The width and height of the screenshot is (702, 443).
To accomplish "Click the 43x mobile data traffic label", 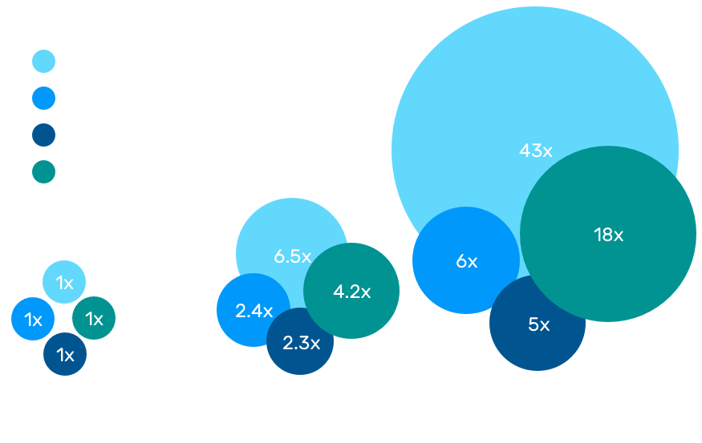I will click(535, 150).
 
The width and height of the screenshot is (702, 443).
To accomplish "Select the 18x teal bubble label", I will click(607, 235).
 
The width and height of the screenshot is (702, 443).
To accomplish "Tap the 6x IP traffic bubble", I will click(466, 261).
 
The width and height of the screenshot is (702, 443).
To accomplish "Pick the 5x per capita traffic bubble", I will click(538, 324).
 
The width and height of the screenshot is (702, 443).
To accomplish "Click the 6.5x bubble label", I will click(292, 256).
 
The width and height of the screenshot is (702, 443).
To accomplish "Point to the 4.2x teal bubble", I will click(351, 292).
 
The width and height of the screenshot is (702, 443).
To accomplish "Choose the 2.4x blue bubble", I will click(254, 311).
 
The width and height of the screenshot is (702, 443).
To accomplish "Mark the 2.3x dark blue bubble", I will click(301, 343).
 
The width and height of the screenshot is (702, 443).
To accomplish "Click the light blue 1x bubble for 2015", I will click(64, 282).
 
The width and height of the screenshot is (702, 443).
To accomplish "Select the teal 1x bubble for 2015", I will click(94, 319).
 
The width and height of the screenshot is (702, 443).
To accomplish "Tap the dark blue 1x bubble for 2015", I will click(65, 355).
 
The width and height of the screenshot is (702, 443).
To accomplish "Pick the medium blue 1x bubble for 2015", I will click(33, 320).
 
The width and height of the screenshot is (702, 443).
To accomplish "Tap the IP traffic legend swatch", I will click(43, 99).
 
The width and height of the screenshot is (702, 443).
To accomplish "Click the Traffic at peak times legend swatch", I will click(43, 172).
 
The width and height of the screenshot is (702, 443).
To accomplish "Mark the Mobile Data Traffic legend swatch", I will click(43, 62).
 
